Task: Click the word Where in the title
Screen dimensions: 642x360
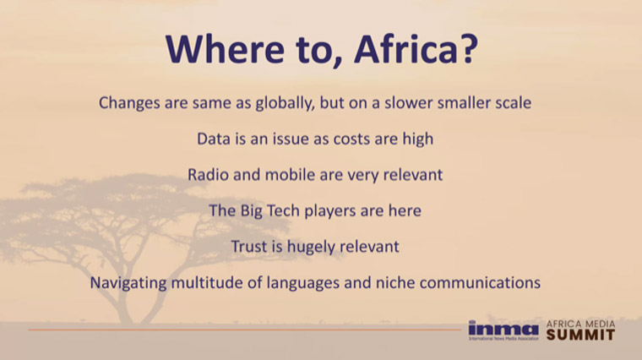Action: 225,48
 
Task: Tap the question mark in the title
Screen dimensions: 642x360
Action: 468,48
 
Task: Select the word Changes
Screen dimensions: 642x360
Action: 129,103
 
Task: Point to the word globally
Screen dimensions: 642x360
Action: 285,103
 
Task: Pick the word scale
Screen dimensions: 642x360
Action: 514,102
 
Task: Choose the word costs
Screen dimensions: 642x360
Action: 351,139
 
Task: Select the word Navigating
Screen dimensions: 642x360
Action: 128,283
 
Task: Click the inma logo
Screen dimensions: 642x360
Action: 503,330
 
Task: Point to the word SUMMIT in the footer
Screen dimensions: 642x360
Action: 580,335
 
